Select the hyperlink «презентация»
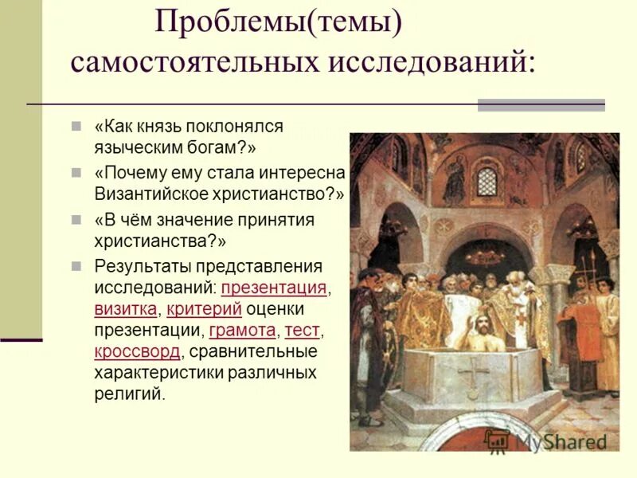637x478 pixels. (x=274, y=288)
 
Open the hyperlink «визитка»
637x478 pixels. (x=127, y=309)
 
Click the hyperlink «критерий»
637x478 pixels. (x=203, y=309)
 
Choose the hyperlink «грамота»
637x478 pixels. (x=242, y=330)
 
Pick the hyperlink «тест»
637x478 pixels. (x=303, y=330)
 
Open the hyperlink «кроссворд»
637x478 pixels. (x=137, y=351)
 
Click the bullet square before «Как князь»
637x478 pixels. (x=76, y=126)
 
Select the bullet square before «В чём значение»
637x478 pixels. (x=76, y=219)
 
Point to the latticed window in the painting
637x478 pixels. (x=487, y=181)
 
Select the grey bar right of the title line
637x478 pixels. (x=541, y=104)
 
